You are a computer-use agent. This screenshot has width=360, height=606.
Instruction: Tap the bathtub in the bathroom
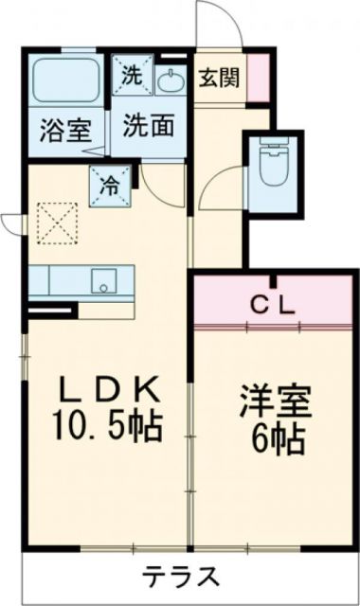(x=64, y=83)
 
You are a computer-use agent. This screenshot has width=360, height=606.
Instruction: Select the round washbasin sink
(x=171, y=82)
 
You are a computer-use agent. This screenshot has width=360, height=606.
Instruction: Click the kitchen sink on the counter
(x=102, y=280)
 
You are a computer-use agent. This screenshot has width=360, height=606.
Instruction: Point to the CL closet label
(x=274, y=305)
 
